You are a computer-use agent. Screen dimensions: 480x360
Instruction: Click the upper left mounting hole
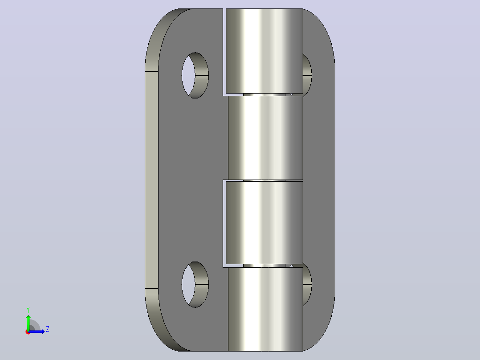pos(195,75)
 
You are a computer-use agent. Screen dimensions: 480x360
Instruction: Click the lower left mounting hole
pos(195,284)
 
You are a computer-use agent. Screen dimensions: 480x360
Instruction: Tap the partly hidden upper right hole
pos(307,75)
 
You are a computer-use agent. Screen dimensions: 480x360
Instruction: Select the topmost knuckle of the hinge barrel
pos(264,51)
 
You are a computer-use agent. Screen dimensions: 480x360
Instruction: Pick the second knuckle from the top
pos(265,138)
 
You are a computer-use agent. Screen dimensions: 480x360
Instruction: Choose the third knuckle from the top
pos(264,223)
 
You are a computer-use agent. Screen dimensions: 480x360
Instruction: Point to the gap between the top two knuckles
pos(264,94)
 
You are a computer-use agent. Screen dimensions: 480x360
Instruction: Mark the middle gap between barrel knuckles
pos(264,180)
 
